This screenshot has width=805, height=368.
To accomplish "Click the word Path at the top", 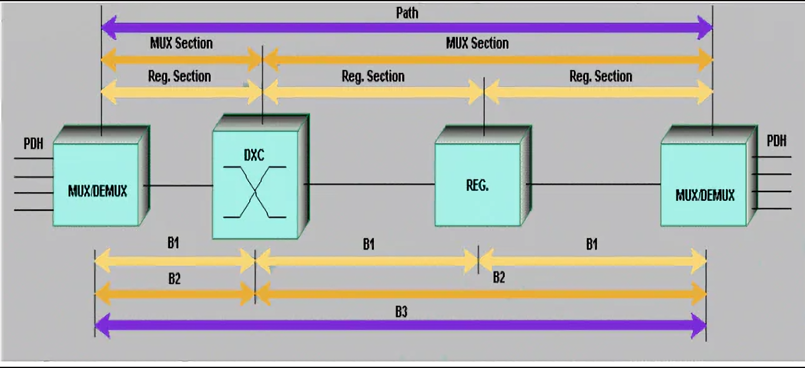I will pyautogui.click(x=407, y=12).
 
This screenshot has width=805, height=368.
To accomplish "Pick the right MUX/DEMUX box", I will pyautogui.click(x=704, y=185).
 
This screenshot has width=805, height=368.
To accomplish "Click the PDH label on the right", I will pyautogui.click(x=776, y=141).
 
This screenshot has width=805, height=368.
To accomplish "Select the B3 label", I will pyautogui.click(x=401, y=312).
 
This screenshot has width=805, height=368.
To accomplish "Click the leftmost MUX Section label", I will pyautogui.click(x=181, y=43).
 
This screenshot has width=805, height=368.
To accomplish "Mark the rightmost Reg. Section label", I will pyautogui.click(x=601, y=76).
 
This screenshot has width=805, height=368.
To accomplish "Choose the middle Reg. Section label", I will pyautogui.click(x=373, y=76).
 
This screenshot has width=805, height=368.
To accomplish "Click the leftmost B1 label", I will pyautogui.click(x=173, y=243).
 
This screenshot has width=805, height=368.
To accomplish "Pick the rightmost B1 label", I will pyautogui.click(x=591, y=245).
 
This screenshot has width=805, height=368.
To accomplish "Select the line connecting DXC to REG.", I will pyautogui.click(x=369, y=184).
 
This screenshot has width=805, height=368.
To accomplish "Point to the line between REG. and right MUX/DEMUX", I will pyautogui.click(x=593, y=184).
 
